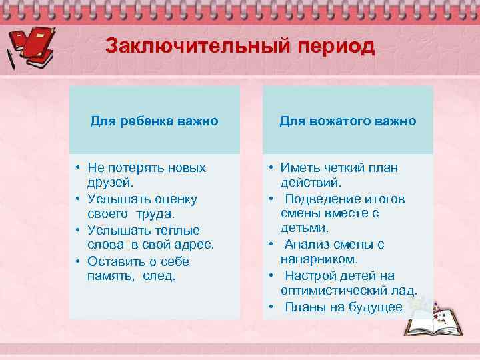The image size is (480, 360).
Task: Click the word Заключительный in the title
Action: (x=194, y=47)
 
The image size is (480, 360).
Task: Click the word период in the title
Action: (x=331, y=47)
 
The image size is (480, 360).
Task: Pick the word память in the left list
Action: (x=111, y=276)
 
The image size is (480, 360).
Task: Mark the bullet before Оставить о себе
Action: (x=77, y=261)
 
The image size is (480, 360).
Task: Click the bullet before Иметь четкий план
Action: (x=272, y=168)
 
